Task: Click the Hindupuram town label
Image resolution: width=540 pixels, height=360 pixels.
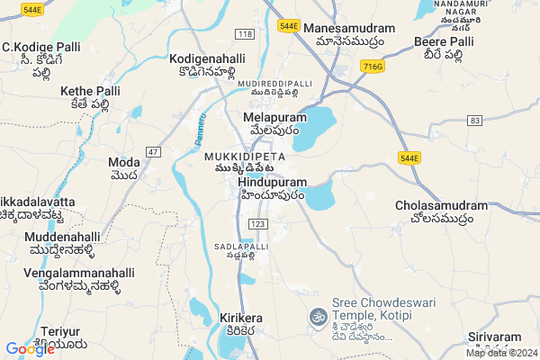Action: point(273,182)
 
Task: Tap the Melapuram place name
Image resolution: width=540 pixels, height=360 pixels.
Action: point(275,118)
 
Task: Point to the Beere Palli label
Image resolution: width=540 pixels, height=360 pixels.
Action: point(443,42)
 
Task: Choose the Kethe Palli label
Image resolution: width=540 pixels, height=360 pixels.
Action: point(89,92)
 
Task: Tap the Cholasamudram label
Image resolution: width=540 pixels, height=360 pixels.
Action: point(441,206)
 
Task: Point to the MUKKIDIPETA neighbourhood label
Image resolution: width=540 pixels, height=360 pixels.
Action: point(245,154)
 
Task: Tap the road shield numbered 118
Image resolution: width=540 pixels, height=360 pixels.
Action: point(245,33)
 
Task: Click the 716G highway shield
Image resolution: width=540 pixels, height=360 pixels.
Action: point(371,66)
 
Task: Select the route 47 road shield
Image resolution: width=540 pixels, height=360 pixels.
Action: point(154,152)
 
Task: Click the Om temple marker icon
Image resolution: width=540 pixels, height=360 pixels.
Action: point(317,317)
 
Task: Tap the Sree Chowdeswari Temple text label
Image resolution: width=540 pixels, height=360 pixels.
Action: point(372,310)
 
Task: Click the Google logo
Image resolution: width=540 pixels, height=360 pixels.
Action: point(30,349)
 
